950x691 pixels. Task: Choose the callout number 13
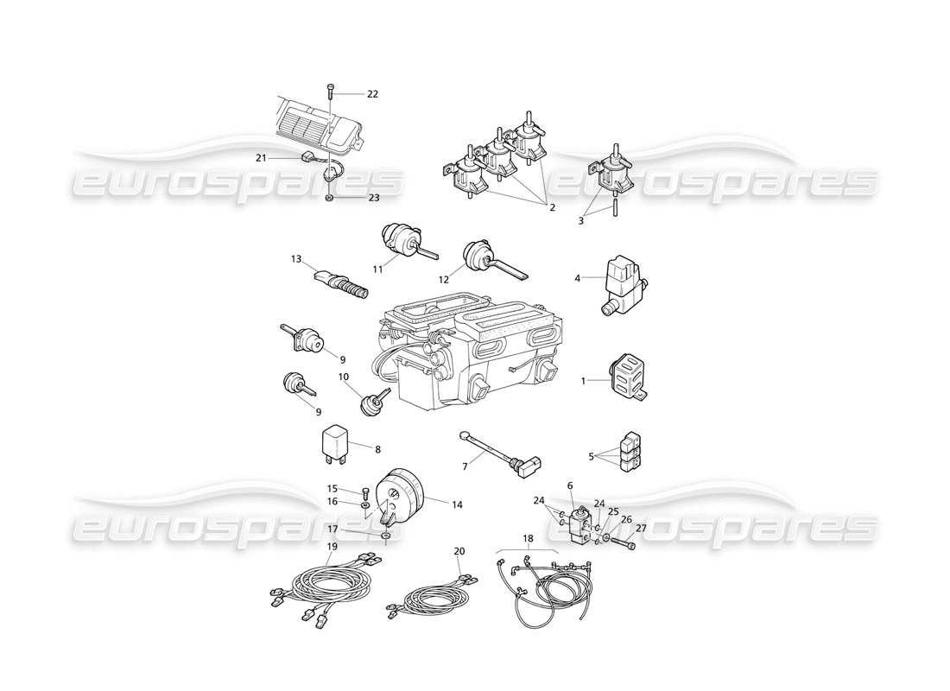[296, 258]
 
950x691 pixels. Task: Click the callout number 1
[583, 380]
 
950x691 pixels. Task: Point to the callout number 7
[465, 467]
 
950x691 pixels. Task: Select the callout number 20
[459, 550]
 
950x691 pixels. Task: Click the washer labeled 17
[384, 536]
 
